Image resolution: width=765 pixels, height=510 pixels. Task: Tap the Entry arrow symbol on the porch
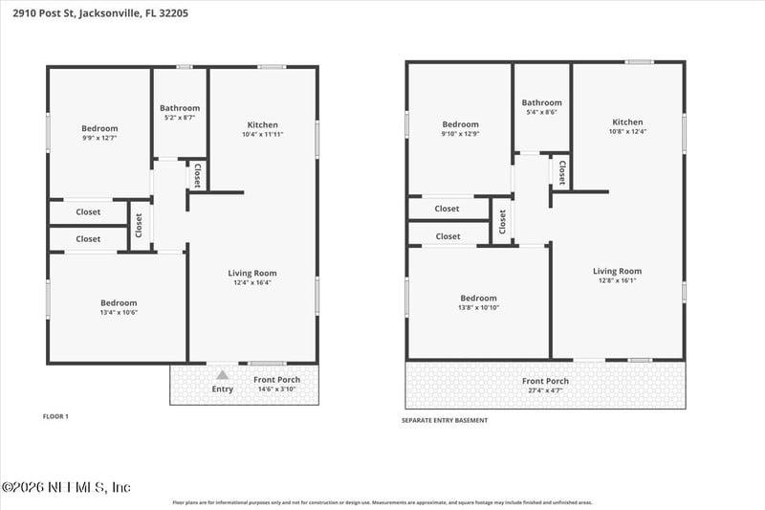point(222,376)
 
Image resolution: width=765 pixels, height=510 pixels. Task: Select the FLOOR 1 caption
point(56,416)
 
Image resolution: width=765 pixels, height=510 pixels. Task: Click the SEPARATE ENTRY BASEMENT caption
point(445,420)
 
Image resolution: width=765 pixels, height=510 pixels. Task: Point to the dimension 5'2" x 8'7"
point(180,119)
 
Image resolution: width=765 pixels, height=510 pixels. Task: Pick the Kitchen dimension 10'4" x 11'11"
point(263,135)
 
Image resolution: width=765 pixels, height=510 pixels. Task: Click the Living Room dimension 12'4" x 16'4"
point(253,282)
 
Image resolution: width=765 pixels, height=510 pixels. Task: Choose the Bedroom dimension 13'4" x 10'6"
point(119,313)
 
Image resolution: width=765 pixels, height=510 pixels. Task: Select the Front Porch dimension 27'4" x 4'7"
point(545,391)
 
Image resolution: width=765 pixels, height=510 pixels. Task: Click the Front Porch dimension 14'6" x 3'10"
point(277,389)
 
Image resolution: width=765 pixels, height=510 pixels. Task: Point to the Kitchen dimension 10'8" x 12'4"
point(627,132)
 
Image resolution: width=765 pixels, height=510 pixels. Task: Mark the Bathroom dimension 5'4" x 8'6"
point(541,113)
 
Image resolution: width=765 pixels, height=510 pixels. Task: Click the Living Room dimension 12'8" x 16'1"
point(617,281)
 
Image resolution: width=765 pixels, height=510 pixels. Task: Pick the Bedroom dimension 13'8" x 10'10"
point(478,308)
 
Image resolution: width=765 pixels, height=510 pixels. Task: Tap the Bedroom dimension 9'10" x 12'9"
point(460,134)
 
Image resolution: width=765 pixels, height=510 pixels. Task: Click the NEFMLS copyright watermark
point(66,487)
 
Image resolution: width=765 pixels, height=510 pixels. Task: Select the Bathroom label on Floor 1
point(180,108)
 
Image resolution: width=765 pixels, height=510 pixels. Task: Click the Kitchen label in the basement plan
point(627,122)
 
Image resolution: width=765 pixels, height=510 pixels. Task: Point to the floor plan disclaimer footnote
point(382,501)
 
